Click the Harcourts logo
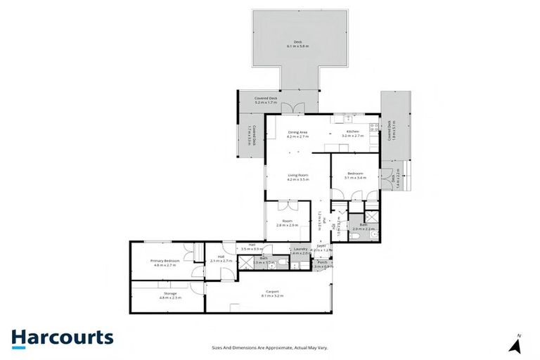[62, 337]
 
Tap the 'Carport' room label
[272, 291]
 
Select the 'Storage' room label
[170, 293]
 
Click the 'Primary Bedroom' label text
[165, 260]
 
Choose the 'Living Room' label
[298, 175]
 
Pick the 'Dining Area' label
[298, 132]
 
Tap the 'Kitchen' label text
[352, 132]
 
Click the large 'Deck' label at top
[298, 42]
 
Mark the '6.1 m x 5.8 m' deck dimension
[298, 46]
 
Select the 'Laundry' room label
[300, 250]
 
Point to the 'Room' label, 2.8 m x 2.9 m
[288, 221]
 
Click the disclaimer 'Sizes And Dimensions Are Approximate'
[270, 347]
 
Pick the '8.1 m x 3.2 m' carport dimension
[272, 295]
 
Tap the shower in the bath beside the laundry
[247, 263]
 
